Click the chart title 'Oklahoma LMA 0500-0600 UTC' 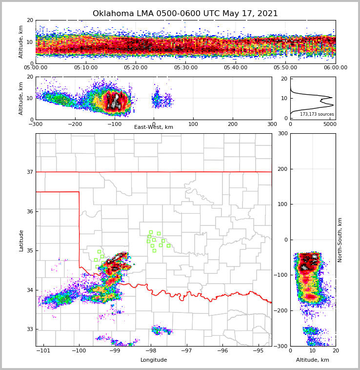click(185, 14)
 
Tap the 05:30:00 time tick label click(186, 68)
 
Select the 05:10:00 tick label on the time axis click(86, 68)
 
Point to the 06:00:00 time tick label click(335, 68)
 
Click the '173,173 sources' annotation click(317, 114)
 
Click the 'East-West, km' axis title click(154, 127)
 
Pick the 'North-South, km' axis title click(340, 240)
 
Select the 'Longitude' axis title click(154, 360)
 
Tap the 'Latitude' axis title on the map click(21, 240)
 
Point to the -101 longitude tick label click(43, 351)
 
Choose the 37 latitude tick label click(30, 172)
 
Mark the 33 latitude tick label click(30, 329)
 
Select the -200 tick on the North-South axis click(281, 311)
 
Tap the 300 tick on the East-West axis click(272, 124)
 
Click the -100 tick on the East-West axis click(114, 124)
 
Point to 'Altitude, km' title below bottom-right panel click(312, 360)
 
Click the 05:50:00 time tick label click(285, 68)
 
